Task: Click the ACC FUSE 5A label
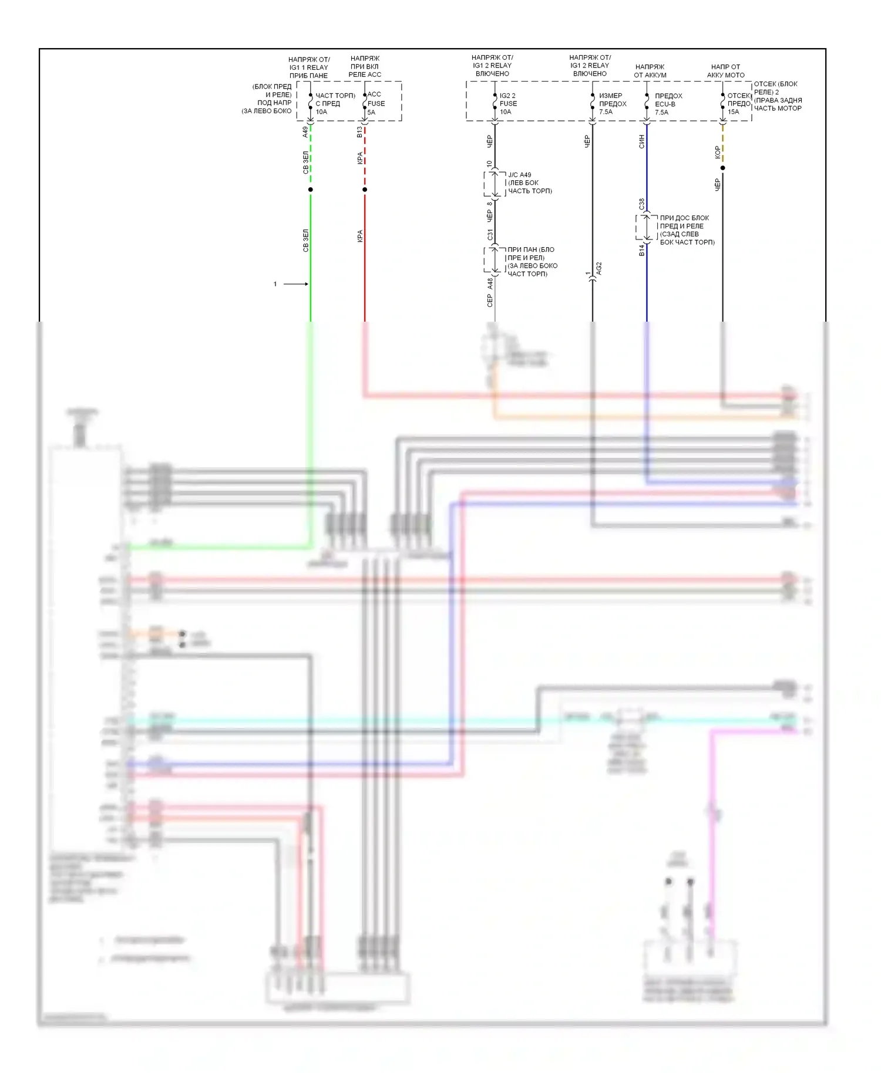click(375, 103)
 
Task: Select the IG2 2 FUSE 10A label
click(507, 103)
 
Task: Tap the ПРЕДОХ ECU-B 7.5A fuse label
click(668, 104)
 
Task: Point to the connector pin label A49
click(305, 132)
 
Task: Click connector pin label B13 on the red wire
click(359, 132)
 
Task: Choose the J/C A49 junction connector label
click(529, 183)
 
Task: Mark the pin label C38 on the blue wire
click(641, 204)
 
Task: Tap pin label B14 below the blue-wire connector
click(641, 251)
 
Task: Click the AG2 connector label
click(598, 269)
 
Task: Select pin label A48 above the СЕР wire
click(490, 284)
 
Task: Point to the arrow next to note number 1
click(296, 284)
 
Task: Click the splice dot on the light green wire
click(311, 190)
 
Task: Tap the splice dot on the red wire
click(365, 190)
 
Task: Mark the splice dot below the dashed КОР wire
click(722, 168)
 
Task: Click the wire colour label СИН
click(641, 141)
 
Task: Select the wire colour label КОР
click(717, 153)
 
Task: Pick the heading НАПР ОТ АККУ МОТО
click(725, 71)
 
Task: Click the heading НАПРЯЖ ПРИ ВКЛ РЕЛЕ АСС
click(365, 66)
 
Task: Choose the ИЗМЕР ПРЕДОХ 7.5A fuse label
click(612, 103)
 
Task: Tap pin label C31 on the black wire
click(490, 235)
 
